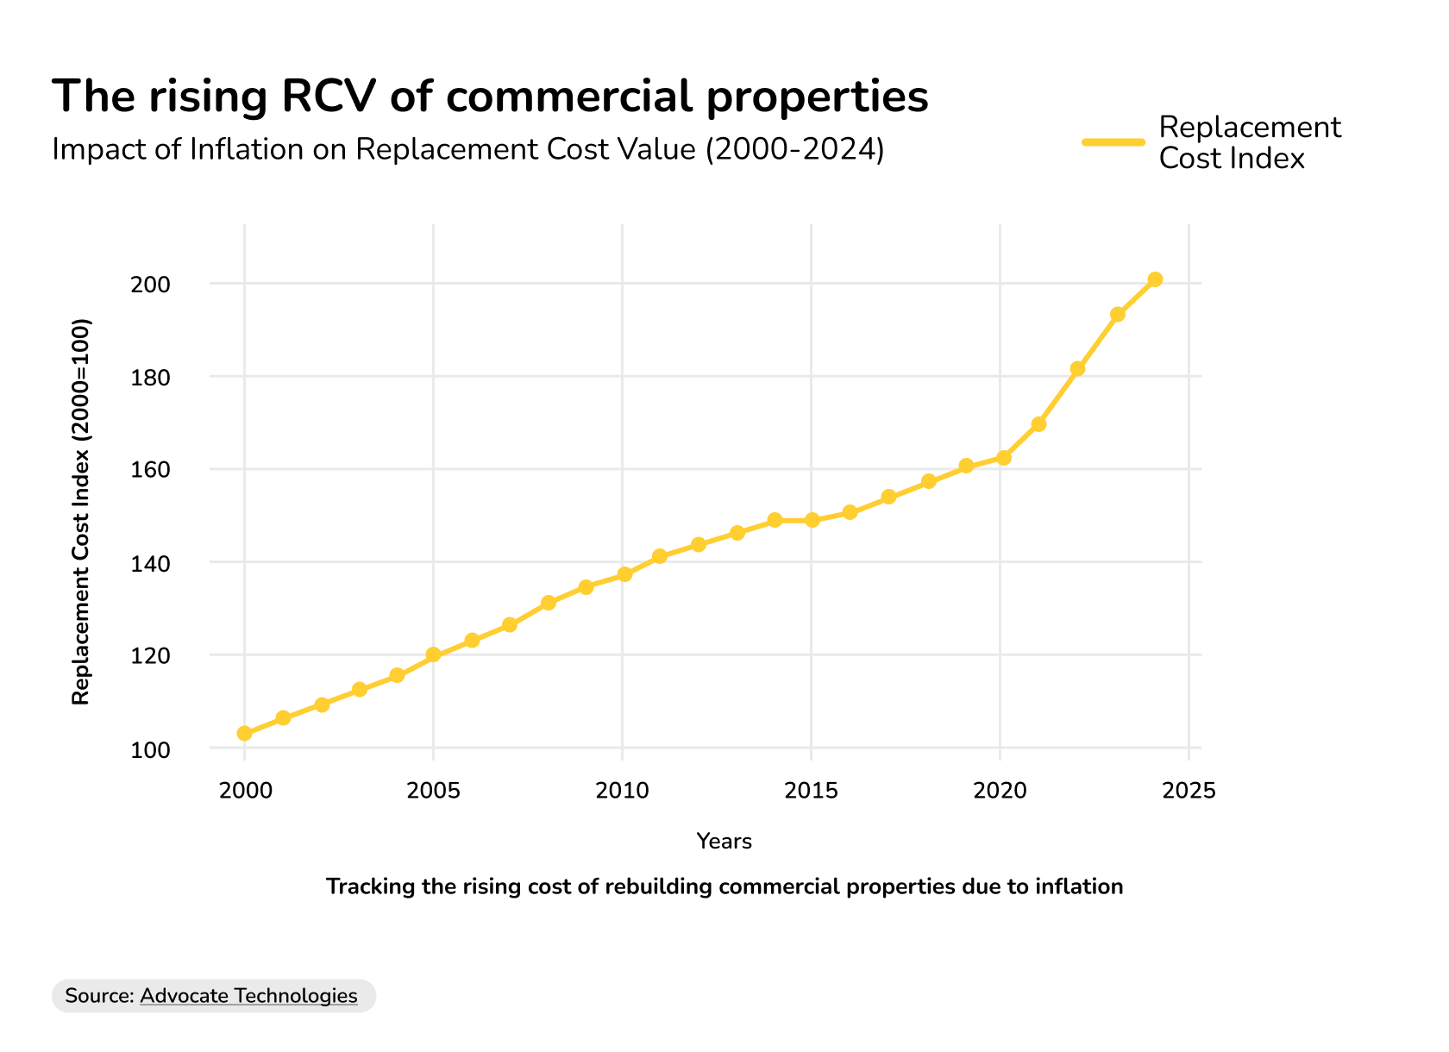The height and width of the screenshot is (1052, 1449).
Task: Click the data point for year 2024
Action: coord(1155,279)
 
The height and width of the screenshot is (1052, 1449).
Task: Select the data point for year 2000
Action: coord(244,734)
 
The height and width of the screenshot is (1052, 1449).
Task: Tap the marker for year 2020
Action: coord(1003,458)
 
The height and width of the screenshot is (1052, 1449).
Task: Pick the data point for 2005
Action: coord(433,655)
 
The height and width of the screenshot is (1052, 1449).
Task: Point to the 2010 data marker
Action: coord(624,574)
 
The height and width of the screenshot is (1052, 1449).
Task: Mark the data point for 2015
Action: coord(812,520)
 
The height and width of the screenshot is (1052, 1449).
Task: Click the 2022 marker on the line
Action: coord(1077,369)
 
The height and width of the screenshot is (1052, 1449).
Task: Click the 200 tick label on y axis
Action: coord(150,285)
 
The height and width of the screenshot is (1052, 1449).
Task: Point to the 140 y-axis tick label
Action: coord(150,564)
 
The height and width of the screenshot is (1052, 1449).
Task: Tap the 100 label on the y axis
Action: coord(150,750)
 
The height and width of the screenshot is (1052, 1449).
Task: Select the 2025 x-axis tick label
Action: coord(1189,791)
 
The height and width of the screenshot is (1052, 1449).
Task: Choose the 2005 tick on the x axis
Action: coord(433,791)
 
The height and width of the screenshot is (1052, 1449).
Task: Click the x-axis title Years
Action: coord(724,842)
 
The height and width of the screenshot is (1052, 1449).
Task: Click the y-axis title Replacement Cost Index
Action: coord(80,512)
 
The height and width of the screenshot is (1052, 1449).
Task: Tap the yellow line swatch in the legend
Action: coord(1113,142)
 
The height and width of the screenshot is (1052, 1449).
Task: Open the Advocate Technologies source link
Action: coord(248,996)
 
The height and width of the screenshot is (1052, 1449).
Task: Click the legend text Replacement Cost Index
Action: coord(1249,143)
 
